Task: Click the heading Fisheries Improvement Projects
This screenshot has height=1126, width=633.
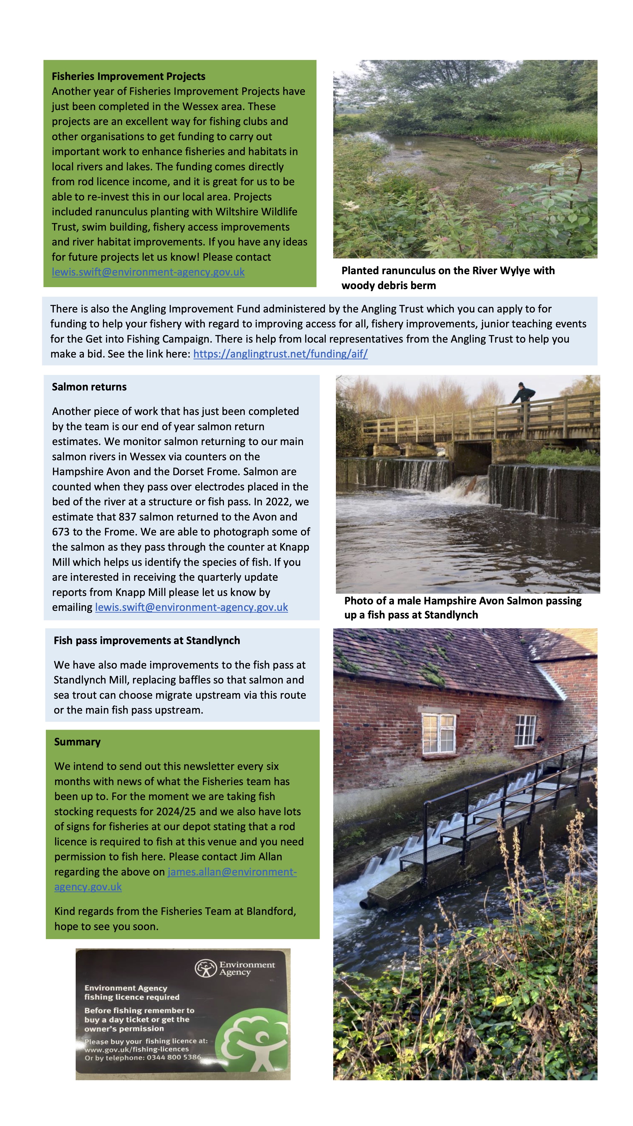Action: pos(129,77)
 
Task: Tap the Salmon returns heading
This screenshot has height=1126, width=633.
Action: pos(89,387)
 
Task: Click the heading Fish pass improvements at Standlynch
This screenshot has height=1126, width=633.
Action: pos(147,640)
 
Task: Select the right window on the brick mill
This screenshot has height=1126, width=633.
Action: pos(525,730)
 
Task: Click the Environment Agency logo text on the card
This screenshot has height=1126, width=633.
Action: pos(246,968)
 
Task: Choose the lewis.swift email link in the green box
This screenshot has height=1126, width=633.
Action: pos(148,272)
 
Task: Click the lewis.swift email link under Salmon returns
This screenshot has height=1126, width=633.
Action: pos(191,607)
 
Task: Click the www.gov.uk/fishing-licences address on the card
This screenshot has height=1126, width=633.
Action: pos(137,1049)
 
